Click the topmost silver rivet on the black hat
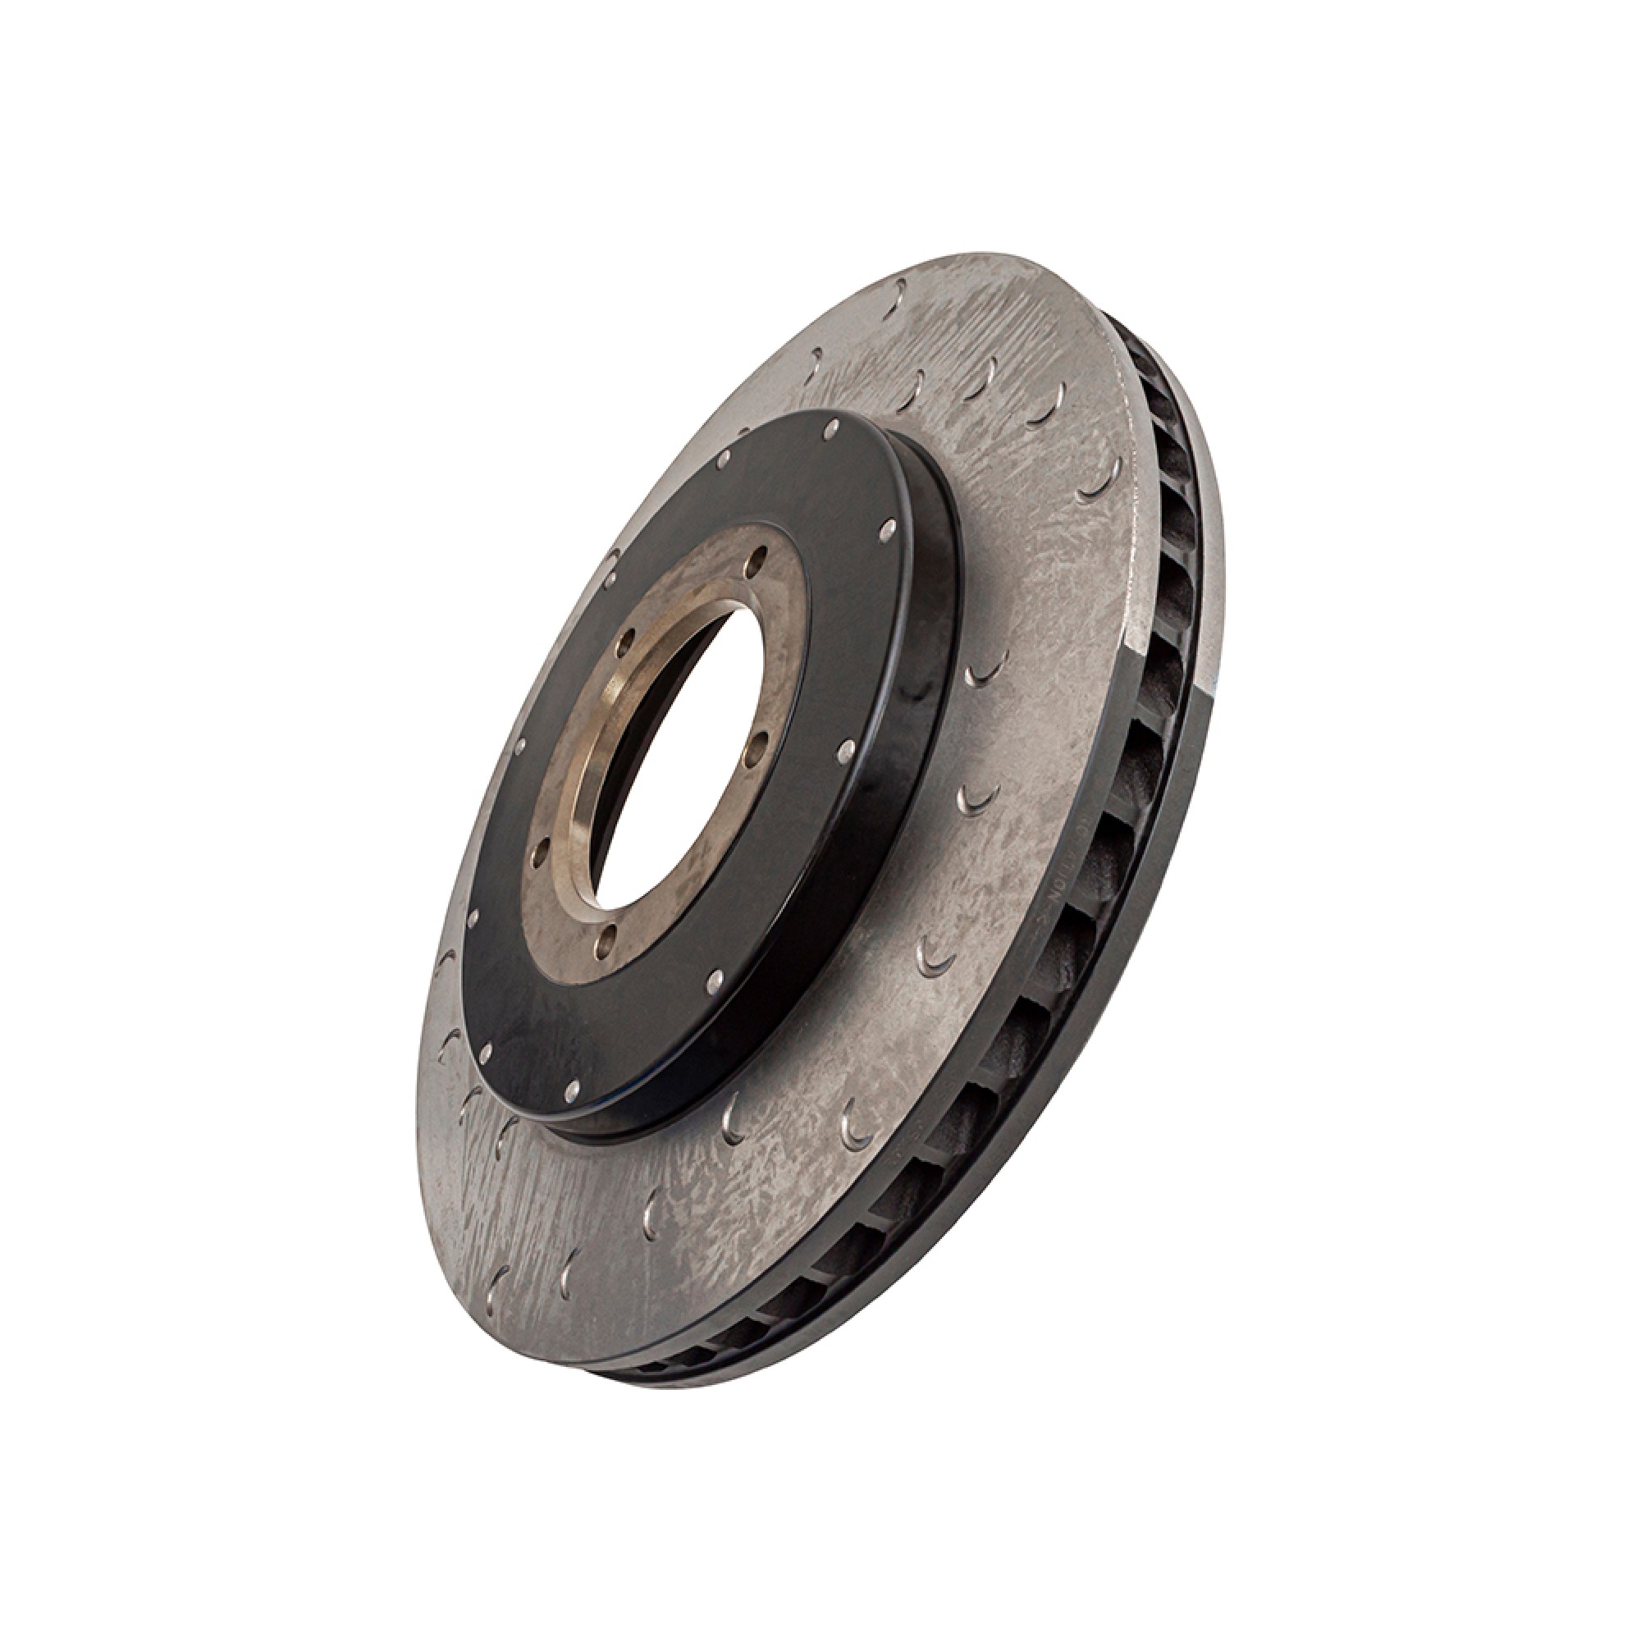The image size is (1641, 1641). coord(835,422)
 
